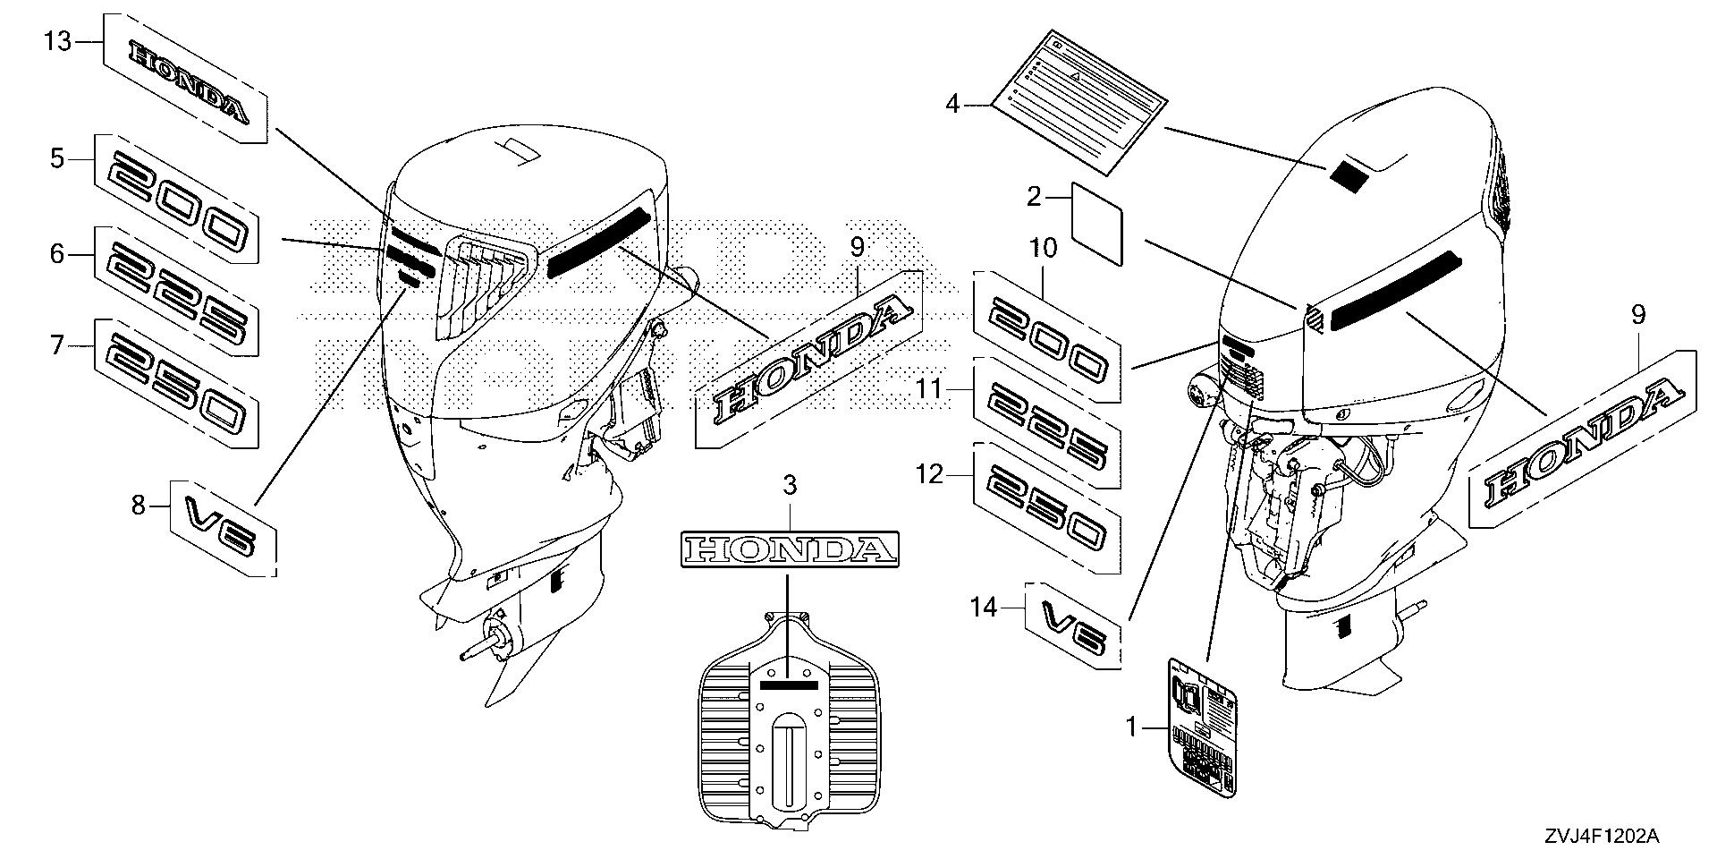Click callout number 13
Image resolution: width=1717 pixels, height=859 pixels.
[x=57, y=42]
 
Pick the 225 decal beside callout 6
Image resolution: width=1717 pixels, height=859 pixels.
[x=177, y=291]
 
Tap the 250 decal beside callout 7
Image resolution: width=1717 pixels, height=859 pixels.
[x=177, y=383]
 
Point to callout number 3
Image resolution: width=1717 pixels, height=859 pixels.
[x=790, y=486]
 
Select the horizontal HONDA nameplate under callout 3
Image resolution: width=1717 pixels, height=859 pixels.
[x=790, y=549]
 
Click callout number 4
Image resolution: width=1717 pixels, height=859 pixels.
[x=952, y=106]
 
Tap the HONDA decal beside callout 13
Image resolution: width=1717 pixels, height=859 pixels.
[x=186, y=79]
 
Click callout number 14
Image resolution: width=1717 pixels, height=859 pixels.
[x=984, y=608]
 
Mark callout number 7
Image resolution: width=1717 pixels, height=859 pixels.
[x=57, y=345]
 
